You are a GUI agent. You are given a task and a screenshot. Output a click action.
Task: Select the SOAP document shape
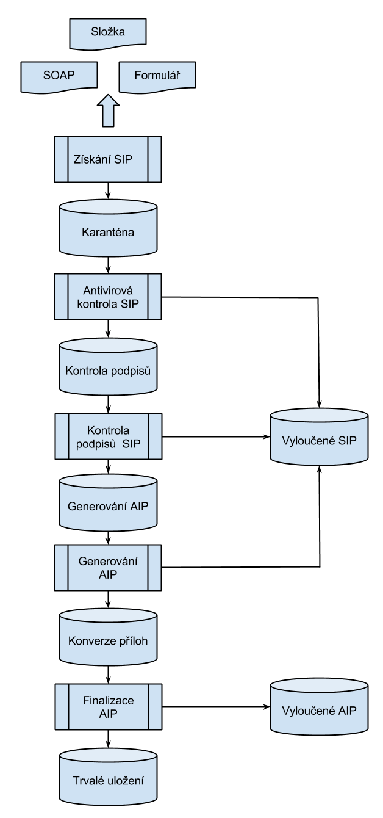click(x=59, y=77)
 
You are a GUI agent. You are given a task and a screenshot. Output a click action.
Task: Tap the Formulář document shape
click(x=156, y=77)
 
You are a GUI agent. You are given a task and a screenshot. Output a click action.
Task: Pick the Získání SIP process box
click(x=108, y=159)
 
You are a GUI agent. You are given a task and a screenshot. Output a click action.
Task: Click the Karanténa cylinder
click(x=108, y=233)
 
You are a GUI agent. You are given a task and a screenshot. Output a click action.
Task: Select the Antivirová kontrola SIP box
click(x=108, y=296)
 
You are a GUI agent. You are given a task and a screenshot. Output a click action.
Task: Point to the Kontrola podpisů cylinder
click(x=108, y=371)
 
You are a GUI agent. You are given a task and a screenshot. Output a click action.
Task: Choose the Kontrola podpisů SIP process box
click(x=108, y=436)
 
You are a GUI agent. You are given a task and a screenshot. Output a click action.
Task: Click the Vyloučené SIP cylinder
click(x=319, y=440)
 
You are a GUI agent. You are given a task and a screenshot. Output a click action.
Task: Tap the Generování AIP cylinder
click(x=108, y=506)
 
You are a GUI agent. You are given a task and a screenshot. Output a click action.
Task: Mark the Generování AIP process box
click(x=108, y=568)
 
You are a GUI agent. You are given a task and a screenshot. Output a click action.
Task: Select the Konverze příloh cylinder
click(x=108, y=641)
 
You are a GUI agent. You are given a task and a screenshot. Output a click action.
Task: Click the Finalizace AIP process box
click(x=108, y=706)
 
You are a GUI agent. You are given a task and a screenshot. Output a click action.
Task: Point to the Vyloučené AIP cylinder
click(x=319, y=710)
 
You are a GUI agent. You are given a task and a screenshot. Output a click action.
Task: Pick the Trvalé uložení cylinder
click(x=108, y=780)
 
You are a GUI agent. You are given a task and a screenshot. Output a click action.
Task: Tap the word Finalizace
click(x=108, y=700)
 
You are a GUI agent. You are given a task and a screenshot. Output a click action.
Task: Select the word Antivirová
click(x=108, y=291)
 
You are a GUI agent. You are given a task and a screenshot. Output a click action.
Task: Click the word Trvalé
click(x=87, y=781)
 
